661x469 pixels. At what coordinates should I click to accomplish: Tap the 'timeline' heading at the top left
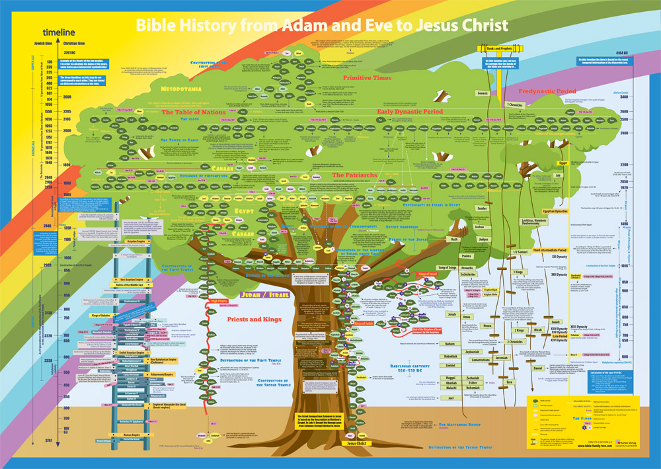click(x=58, y=32)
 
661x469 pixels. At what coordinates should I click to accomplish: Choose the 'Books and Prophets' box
click(x=492, y=49)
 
